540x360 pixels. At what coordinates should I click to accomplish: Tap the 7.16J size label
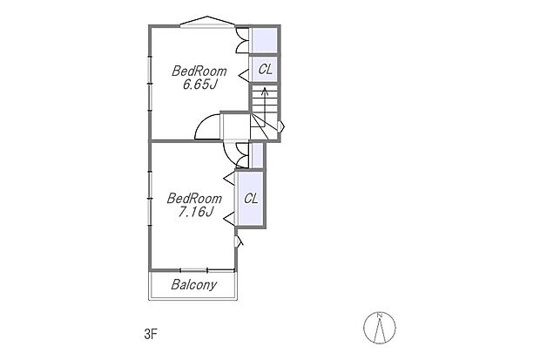click(x=194, y=211)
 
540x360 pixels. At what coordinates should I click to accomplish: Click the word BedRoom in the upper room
click(x=199, y=71)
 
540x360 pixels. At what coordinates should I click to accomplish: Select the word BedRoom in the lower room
click(x=194, y=197)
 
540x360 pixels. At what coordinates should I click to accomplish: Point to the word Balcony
click(x=194, y=285)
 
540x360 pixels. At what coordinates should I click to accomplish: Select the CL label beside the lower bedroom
click(x=251, y=198)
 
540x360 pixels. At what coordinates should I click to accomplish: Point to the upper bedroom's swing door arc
click(x=207, y=127)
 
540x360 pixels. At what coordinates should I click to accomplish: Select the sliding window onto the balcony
click(x=206, y=269)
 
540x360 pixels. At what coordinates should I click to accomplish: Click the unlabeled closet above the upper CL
click(x=265, y=40)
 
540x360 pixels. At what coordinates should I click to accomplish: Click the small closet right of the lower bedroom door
click(x=256, y=154)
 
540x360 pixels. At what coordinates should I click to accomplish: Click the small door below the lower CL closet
click(x=240, y=239)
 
